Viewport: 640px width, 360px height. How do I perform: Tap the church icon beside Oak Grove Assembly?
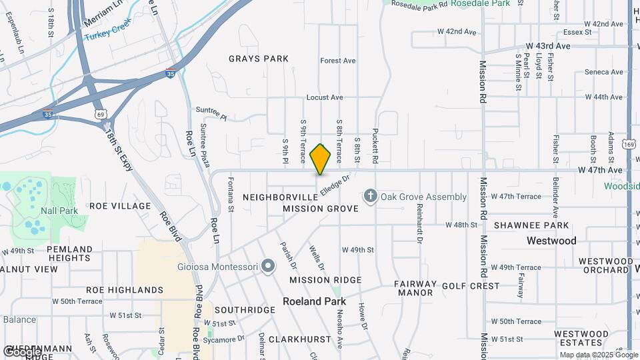(x=370, y=196)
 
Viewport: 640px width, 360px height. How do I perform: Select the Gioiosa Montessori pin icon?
(x=268, y=267)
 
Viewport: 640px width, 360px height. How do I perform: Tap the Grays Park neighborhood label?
(x=259, y=59)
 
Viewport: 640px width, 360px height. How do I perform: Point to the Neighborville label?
(x=281, y=197)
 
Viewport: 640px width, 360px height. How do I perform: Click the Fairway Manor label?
(x=416, y=288)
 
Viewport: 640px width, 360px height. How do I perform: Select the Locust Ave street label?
(x=324, y=97)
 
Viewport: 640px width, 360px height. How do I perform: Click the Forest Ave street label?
(x=338, y=61)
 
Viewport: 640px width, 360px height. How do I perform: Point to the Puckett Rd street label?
(x=375, y=146)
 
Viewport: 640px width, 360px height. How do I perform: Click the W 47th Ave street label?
(x=601, y=170)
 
